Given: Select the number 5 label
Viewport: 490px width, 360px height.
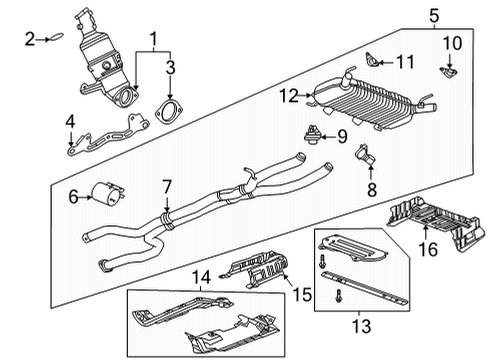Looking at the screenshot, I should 433,14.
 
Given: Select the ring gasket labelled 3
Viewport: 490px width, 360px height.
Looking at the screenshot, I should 170,110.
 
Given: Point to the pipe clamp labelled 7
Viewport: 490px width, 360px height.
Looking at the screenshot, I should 165,212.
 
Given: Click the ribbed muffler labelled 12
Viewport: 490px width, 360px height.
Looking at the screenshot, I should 370,100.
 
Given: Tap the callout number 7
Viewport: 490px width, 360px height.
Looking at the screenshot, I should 168,185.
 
